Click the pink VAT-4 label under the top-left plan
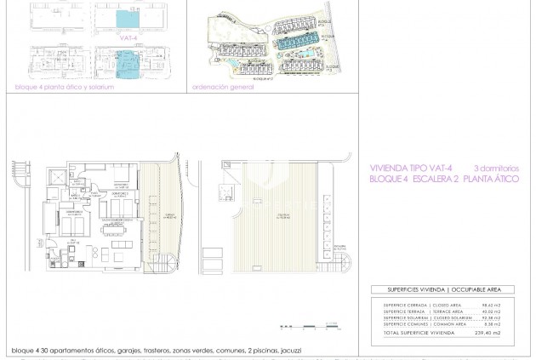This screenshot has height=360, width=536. [130, 37]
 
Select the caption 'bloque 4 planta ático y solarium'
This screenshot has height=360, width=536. [64, 88]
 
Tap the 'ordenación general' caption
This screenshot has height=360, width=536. [223, 87]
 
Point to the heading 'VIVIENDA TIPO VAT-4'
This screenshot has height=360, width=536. [411, 169]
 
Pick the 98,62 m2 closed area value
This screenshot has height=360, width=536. [491, 305]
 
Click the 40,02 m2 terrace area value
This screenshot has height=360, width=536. [491, 311]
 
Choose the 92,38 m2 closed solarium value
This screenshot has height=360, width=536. [491, 317]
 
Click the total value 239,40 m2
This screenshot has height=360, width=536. [488, 333]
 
